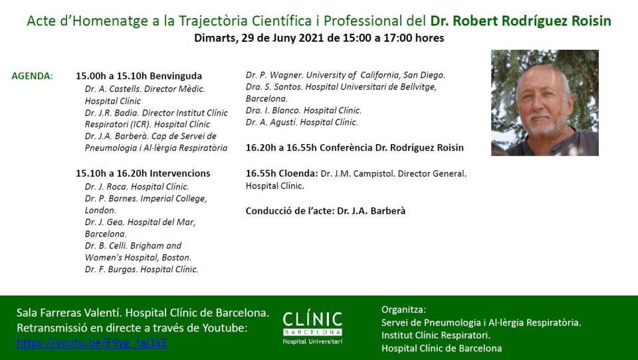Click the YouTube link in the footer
point(92,343)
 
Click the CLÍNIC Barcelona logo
point(312,328)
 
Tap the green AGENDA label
point(32,76)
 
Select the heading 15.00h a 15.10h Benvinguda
point(139,76)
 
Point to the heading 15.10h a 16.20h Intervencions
point(143,173)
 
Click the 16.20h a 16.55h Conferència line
point(354,147)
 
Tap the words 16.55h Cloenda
point(282,174)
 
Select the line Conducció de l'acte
point(326,211)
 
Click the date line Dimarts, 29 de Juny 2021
point(319,38)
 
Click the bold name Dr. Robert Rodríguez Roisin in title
point(521,21)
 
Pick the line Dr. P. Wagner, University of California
point(346,75)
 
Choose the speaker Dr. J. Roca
point(106,187)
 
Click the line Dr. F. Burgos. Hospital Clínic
point(142,269)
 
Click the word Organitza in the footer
point(403,310)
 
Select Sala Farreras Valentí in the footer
point(68,313)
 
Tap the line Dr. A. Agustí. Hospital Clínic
point(302,122)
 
